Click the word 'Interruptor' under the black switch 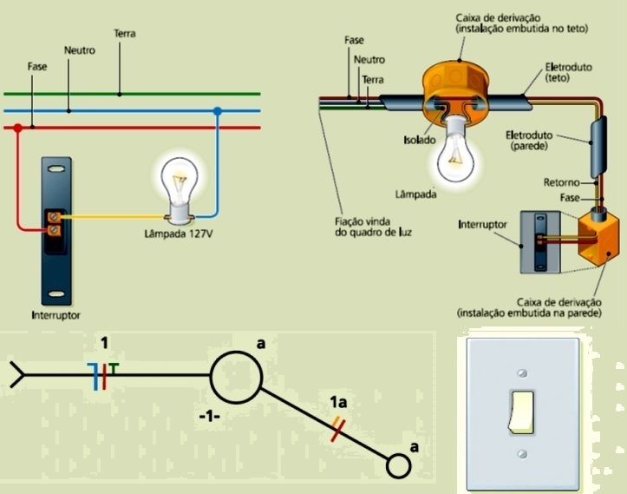click(56, 314)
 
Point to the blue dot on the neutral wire click(217, 111)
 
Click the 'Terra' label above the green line click(125, 34)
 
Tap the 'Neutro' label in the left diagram click(80, 51)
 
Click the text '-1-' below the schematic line click(210, 417)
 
